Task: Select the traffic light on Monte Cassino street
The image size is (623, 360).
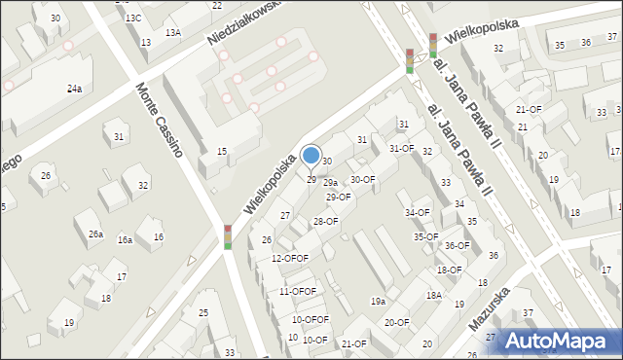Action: [x=228, y=236]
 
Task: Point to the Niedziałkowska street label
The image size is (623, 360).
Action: [x=242, y=23]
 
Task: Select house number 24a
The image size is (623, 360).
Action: [x=74, y=89]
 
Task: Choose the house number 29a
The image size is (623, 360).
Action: [x=331, y=183]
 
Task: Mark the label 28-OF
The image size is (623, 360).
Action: [x=325, y=222]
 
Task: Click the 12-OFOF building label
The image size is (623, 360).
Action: [x=290, y=258]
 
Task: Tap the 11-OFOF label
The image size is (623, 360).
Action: [x=298, y=291]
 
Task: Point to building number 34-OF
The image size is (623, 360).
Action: [x=418, y=212]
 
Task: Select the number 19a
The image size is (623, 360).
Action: [x=378, y=302]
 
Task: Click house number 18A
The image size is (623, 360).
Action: [x=433, y=295]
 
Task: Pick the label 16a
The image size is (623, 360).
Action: [x=125, y=240]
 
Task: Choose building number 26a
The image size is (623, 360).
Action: [x=95, y=234]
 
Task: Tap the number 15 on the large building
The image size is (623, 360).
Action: [x=222, y=151]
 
